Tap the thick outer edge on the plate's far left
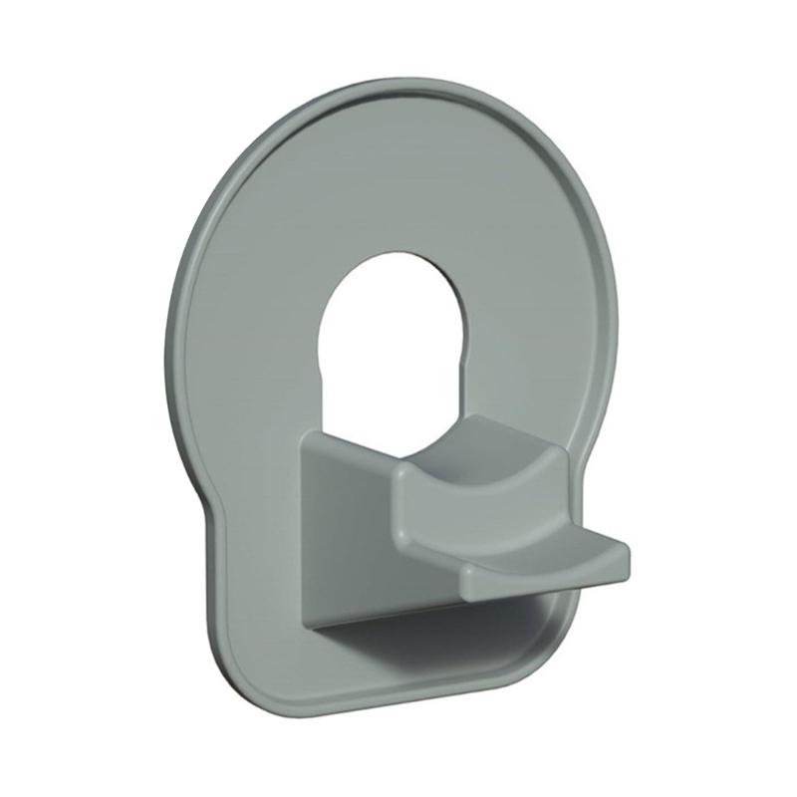click(x=172, y=329)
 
